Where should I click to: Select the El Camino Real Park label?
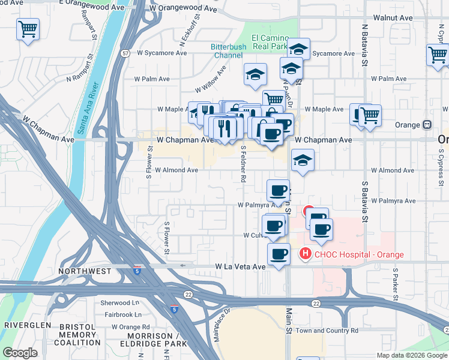[x=270, y=41]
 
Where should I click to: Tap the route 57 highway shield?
[x=125, y=53]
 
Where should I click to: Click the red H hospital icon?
[x=305, y=254]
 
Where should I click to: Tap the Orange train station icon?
[x=427, y=125]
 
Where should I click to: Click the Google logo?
[x=20, y=353]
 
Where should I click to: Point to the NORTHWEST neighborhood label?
[x=85, y=271]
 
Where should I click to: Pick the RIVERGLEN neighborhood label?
[x=26, y=325]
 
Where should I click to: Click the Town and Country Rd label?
[x=327, y=330]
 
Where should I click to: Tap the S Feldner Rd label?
[x=244, y=163]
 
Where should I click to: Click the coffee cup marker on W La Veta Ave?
[x=279, y=254]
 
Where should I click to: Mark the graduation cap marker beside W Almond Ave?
[x=303, y=160]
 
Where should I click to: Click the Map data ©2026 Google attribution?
[x=411, y=355]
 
